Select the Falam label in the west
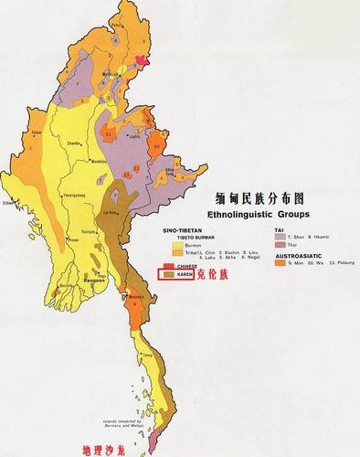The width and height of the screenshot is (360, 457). pos(37,133)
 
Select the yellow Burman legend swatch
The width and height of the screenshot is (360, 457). pos(168,246)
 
